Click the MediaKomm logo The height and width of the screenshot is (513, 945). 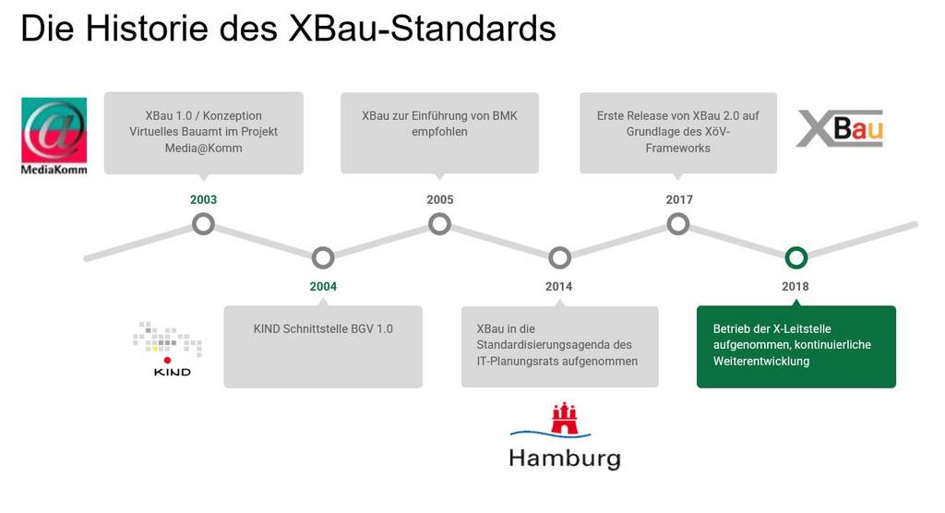pyautogui.click(x=54, y=135)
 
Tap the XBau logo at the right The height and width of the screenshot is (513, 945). pyautogui.click(x=839, y=128)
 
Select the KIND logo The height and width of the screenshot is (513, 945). pyautogui.click(x=167, y=349)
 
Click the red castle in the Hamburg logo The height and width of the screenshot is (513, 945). pyautogui.click(x=564, y=419)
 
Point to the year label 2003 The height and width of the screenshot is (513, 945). pyautogui.click(x=203, y=199)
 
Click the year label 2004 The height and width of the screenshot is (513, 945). pyautogui.click(x=323, y=286)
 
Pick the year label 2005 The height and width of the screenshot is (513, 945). pyautogui.click(x=440, y=199)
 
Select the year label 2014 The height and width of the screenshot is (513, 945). pyautogui.click(x=559, y=286)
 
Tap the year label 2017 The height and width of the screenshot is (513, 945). pyautogui.click(x=679, y=199)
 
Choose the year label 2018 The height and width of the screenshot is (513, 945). pyautogui.click(x=795, y=286)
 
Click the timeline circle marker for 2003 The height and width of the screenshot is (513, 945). pyautogui.click(x=203, y=223)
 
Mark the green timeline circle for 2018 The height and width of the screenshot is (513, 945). pyautogui.click(x=795, y=257)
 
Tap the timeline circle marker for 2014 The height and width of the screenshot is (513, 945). pyautogui.click(x=559, y=257)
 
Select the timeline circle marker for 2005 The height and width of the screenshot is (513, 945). pyautogui.click(x=440, y=223)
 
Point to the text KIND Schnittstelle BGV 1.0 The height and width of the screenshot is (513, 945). pyautogui.click(x=323, y=328)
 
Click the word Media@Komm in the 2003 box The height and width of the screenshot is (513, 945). pyautogui.click(x=204, y=148)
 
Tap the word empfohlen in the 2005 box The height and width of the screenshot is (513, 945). pyautogui.click(x=439, y=132)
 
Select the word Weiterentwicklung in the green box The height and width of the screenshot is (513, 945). pyautogui.click(x=760, y=362)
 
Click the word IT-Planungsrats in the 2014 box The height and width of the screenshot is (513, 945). pyautogui.click(x=517, y=362)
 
